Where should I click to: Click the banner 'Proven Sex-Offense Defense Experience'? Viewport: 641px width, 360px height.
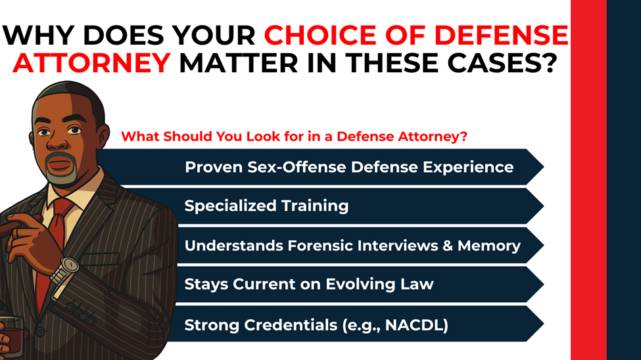pyautogui.click(x=348, y=167)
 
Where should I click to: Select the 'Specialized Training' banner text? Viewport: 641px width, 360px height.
pyautogui.click(x=266, y=206)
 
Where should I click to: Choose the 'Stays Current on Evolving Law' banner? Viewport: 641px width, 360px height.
pyautogui.click(x=308, y=284)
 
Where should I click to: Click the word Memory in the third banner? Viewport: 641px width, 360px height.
pyautogui.click(x=493, y=246)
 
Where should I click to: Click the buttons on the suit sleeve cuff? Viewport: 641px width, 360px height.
pyautogui.click(x=77, y=309)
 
